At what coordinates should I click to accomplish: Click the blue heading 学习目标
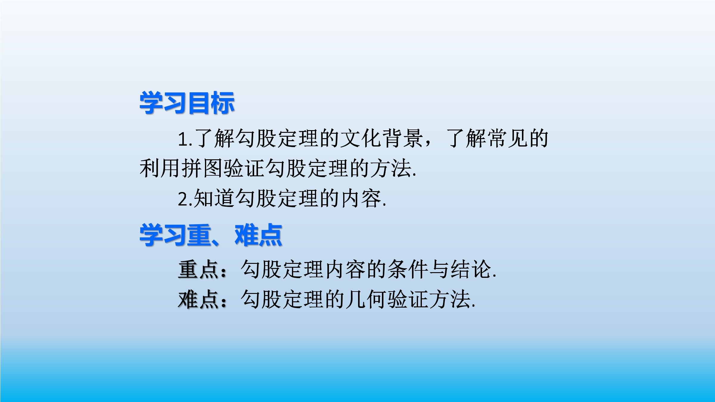tap(187, 103)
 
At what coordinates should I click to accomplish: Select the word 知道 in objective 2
tap(214, 198)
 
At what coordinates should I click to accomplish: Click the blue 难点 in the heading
tap(258, 235)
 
